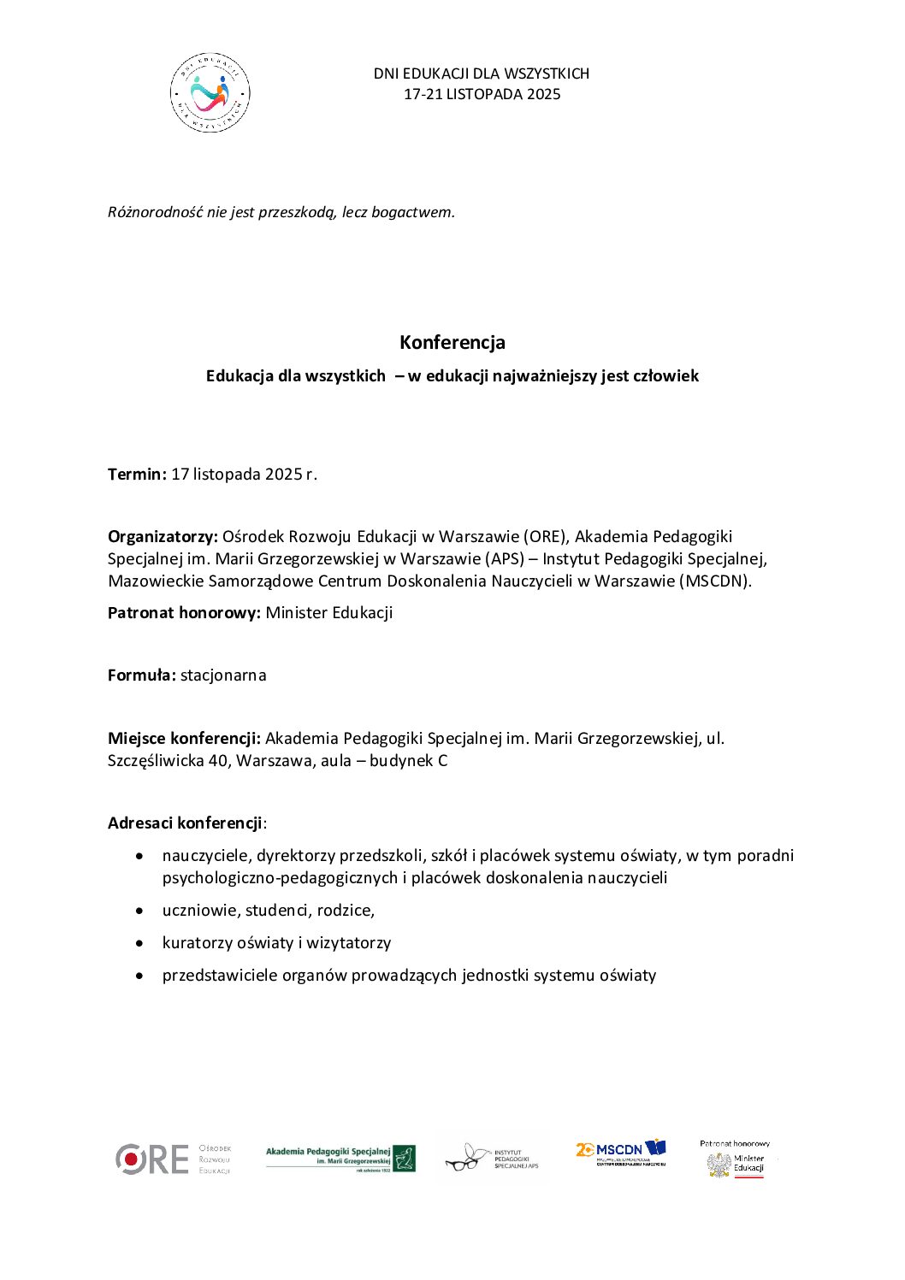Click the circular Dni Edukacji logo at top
coord(210,92)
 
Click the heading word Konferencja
coord(452,342)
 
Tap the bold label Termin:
coord(137,474)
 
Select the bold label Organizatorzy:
coord(163,536)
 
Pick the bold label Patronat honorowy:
coord(184,612)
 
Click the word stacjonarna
coord(223,675)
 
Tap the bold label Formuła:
coord(142,675)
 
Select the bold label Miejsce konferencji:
coord(184,738)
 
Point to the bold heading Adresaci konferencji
coord(185,823)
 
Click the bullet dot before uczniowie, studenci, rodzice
coord(140,911)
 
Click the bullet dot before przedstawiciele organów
coord(140,976)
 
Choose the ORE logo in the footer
coord(151,1159)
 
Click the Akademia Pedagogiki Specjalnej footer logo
coord(340,1159)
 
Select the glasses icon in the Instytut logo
coord(464,1159)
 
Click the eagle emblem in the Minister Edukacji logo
coord(719,1165)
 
